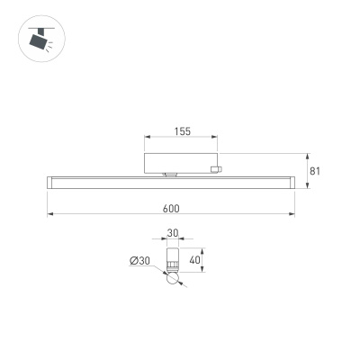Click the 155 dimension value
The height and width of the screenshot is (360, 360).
coord(182,132)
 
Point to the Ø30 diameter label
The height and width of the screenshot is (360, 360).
coord(139,261)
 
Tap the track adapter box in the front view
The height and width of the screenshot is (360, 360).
coord(181,163)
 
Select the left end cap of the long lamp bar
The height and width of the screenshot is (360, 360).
coord(49,183)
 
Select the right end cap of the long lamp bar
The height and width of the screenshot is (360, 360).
coord(292,183)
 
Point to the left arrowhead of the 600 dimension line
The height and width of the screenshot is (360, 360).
coord(50,214)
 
